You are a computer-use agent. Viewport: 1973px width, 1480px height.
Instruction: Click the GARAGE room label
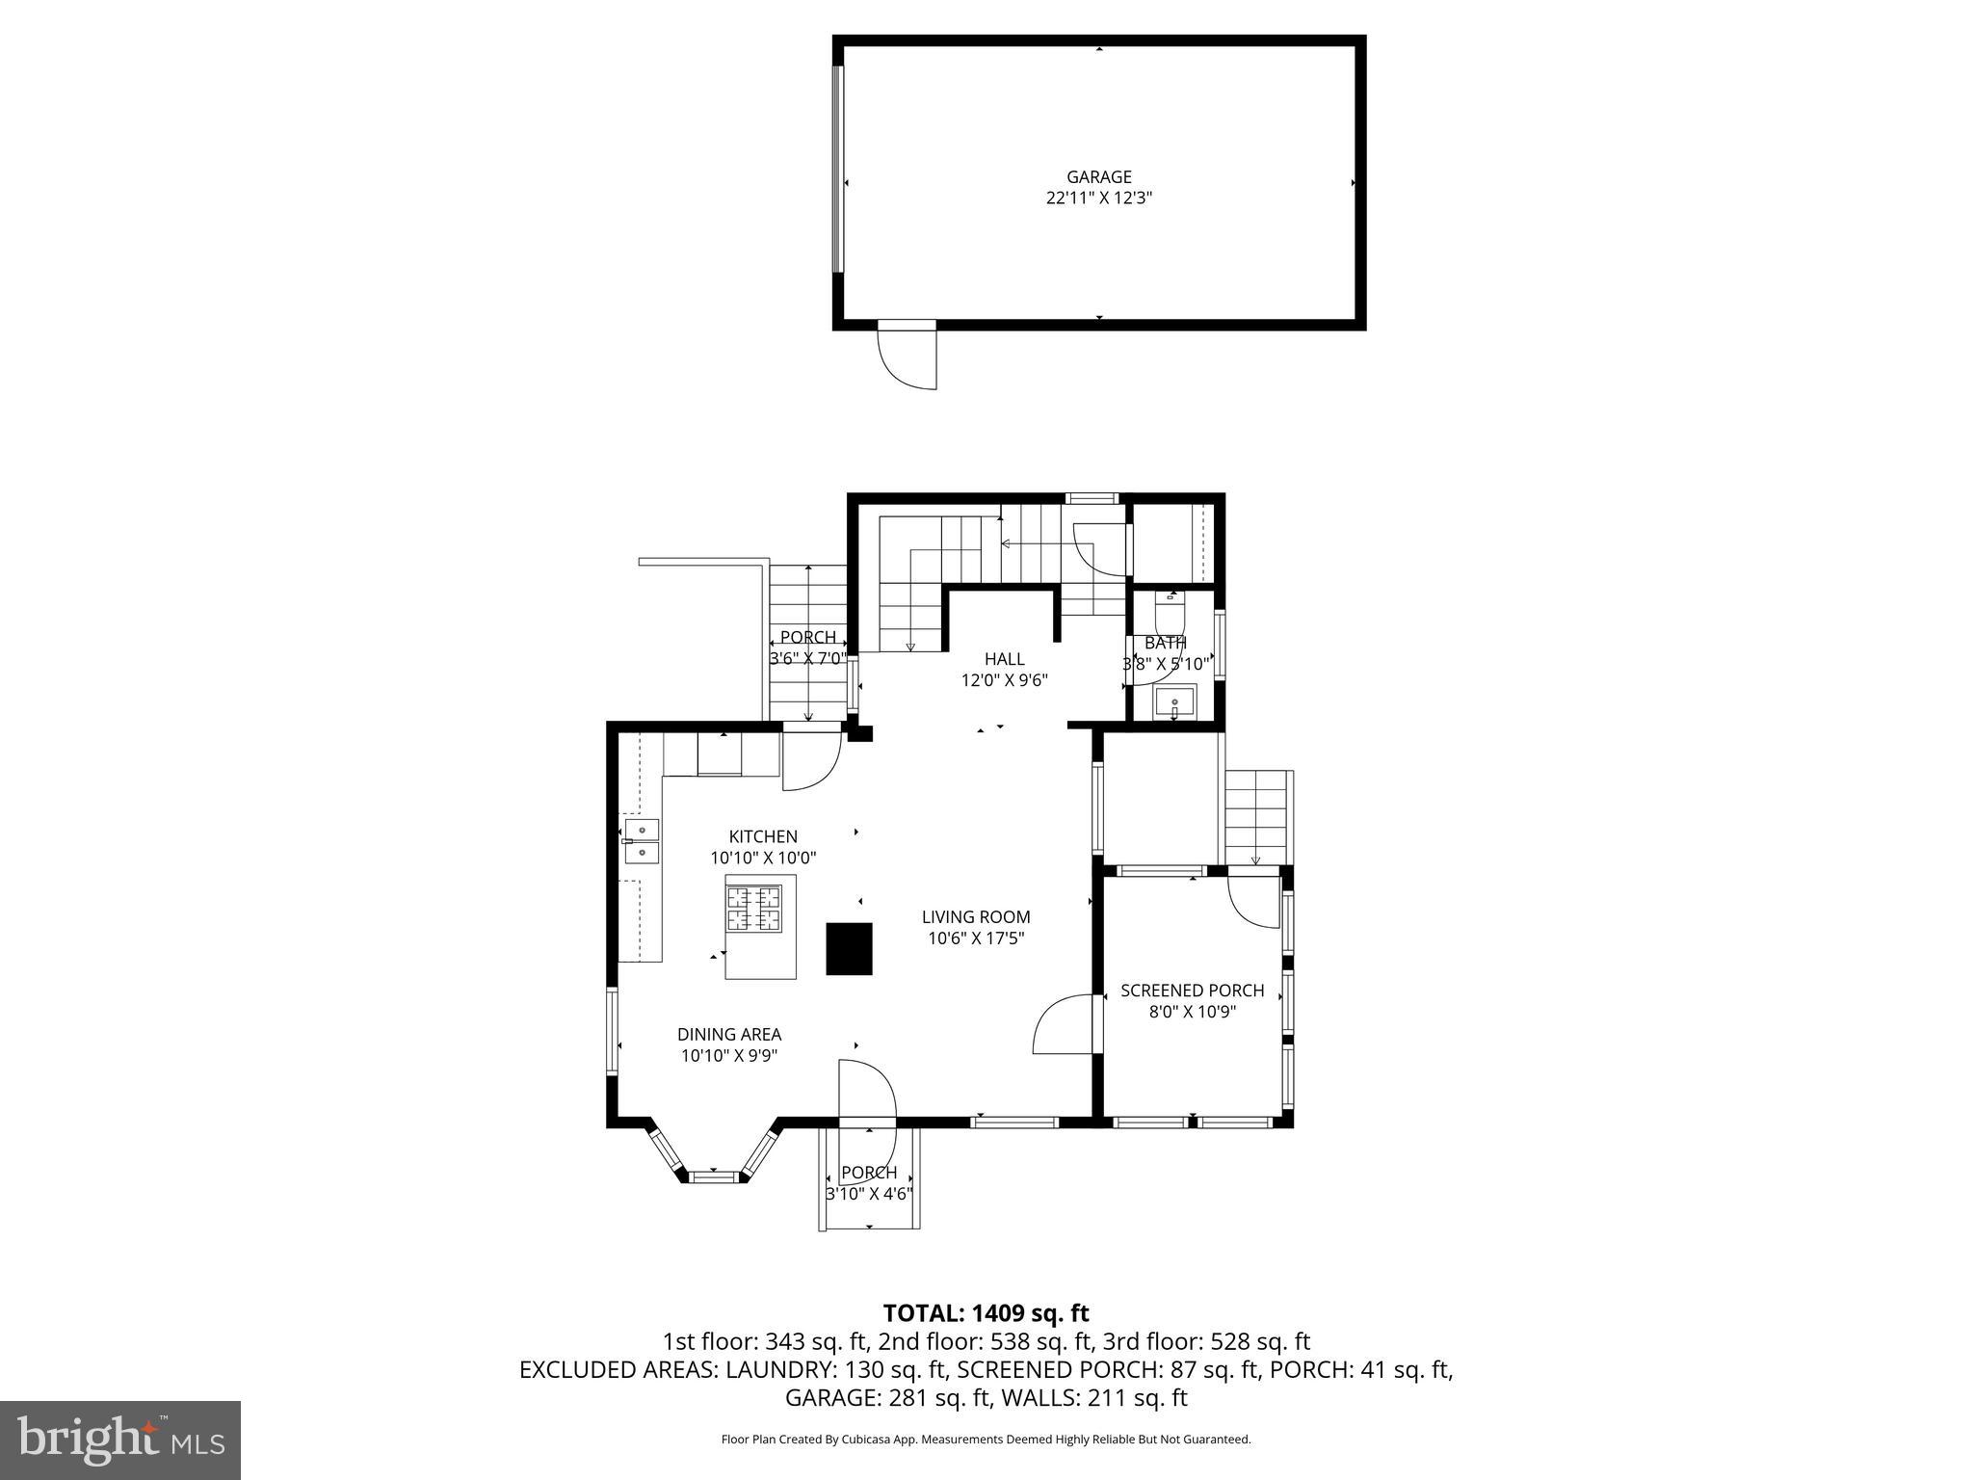pyautogui.click(x=1098, y=177)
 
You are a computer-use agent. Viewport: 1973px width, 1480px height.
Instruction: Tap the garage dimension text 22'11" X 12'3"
pyautogui.click(x=1098, y=198)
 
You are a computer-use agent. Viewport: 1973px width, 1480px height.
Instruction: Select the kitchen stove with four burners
pyautogui.click(x=753, y=908)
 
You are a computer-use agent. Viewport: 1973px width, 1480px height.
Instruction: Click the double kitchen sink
pyautogui.click(x=642, y=840)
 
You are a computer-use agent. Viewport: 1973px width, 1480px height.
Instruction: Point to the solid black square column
pyautogui.click(x=849, y=949)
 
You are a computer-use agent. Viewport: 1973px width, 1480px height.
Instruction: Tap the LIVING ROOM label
pyautogui.click(x=975, y=917)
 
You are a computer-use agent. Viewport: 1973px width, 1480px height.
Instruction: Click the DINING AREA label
pyautogui.click(x=728, y=1035)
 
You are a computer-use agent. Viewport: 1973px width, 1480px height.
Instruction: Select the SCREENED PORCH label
pyautogui.click(x=1192, y=991)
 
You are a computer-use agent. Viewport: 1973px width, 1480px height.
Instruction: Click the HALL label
pyautogui.click(x=1004, y=659)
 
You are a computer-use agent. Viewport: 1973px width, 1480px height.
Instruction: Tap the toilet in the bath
pyautogui.click(x=1170, y=606)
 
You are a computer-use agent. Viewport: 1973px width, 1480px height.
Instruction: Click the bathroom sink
pyautogui.click(x=1174, y=700)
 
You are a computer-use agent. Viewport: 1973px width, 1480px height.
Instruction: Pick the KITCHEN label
pyautogui.click(x=762, y=836)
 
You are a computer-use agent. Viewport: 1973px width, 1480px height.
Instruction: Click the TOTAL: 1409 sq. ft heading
pyautogui.click(x=986, y=1312)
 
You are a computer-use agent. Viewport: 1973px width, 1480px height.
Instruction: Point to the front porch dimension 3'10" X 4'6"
pyautogui.click(x=869, y=1194)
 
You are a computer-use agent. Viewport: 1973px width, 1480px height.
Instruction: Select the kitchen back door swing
pyautogui.click(x=809, y=761)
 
